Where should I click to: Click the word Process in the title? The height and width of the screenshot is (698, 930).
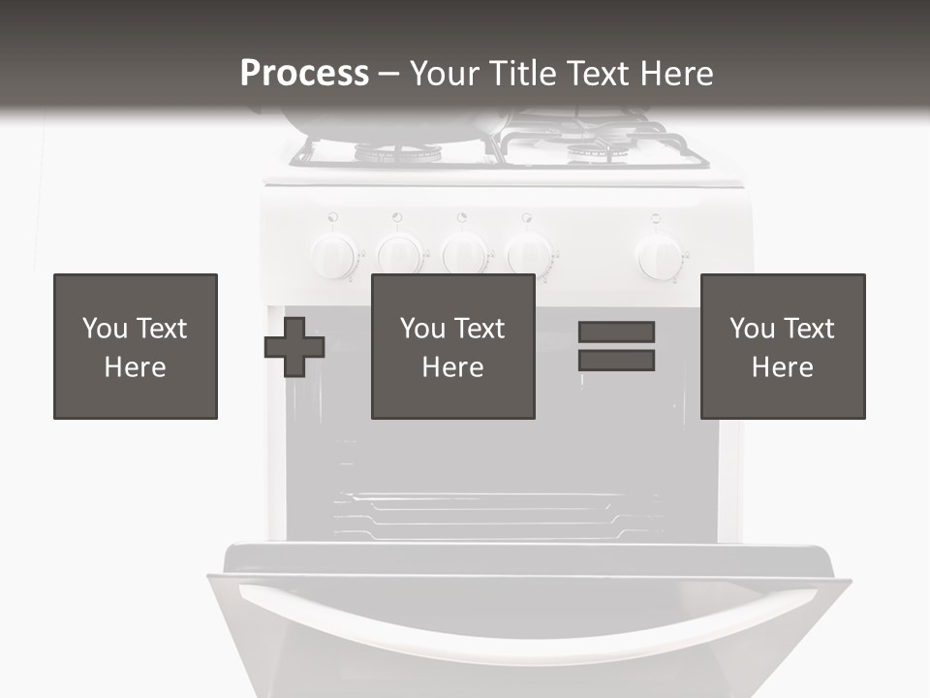304,74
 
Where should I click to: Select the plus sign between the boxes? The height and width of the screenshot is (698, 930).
294,347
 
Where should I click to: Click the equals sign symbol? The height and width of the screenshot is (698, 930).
616,346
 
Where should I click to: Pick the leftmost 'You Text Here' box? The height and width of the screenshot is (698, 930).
136,346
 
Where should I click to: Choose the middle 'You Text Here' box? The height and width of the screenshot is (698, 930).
453,346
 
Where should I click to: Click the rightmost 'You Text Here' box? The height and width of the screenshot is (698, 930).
783,346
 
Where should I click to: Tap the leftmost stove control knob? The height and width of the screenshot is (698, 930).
334,256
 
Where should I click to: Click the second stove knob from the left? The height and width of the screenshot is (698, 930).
399,255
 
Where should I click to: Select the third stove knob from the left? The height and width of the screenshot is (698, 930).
465,255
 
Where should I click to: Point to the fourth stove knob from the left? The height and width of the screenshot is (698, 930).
529,255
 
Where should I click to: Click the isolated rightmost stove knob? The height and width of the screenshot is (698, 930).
660,257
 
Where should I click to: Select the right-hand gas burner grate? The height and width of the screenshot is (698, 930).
596,145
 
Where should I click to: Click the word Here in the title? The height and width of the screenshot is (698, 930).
675,74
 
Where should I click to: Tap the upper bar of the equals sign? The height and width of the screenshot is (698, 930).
616,333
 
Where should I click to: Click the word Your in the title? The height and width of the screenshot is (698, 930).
445,74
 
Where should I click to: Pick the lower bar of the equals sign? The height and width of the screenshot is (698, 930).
616,361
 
